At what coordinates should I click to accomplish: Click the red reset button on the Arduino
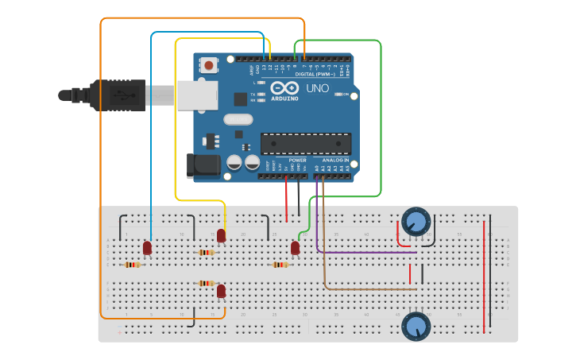(209, 65)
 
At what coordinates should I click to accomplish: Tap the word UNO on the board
(318, 88)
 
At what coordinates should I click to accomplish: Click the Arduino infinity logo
(284, 88)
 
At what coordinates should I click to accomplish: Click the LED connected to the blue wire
(147, 248)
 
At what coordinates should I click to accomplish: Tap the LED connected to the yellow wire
(221, 235)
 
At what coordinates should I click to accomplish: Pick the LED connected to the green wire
(295, 248)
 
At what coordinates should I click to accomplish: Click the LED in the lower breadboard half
(221, 292)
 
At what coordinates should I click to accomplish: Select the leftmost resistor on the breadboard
(133, 265)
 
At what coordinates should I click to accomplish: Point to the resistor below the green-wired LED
(280, 265)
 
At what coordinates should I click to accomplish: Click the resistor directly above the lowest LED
(207, 283)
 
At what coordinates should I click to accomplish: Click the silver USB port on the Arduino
(196, 95)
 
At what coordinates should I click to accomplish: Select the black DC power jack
(203, 165)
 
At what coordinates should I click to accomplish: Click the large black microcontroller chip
(306, 144)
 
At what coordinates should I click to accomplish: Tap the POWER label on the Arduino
(298, 160)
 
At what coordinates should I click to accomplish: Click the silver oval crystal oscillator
(238, 120)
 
